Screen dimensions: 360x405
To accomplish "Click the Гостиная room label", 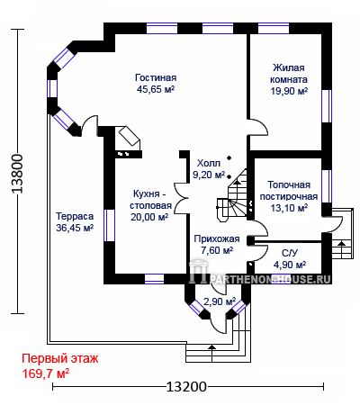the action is (x=156, y=77).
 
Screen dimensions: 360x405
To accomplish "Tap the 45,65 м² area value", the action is (x=156, y=89).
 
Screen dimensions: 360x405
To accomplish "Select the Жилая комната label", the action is (x=289, y=74).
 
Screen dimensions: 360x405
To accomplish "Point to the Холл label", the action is (x=209, y=163).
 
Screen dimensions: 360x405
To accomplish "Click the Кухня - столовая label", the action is (x=150, y=200).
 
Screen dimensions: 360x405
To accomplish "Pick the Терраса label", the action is (x=75, y=216).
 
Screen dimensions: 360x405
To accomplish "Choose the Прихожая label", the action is (x=217, y=238).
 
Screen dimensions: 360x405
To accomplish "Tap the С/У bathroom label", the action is (x=290, y=253).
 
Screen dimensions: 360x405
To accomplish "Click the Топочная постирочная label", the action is (x=289, y=191).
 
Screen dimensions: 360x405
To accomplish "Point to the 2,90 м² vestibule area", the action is (x=220, y=301).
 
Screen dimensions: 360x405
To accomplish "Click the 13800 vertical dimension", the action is (x=17, y=174).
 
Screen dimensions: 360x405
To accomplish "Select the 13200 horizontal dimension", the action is (x=186, y=387).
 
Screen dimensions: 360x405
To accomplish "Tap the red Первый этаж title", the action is (x=60, y=358).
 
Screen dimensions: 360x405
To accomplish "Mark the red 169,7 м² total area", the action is (x=46, y=373).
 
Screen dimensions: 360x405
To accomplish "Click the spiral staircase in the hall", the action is (x=234, y=195).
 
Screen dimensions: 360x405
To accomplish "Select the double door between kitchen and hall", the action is (x=182, y=198).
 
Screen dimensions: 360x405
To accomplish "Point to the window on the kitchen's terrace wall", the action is (x=109, y=225).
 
